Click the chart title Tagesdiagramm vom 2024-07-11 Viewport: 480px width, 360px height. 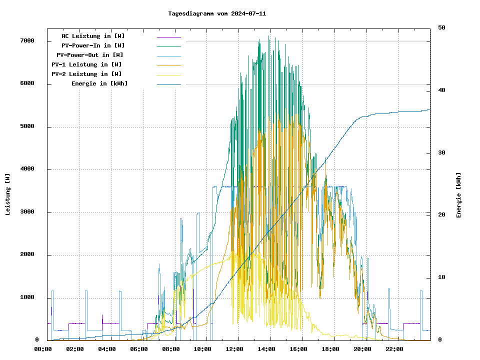pyautogui.click(x=217, y=13)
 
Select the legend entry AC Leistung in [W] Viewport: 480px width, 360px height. pyautogui.click(x=93, y=36)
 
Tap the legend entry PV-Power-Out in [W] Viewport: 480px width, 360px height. pyautogui.click(x=90, y=55)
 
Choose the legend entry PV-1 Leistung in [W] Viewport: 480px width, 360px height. pyautogui.click(x=86, y=64)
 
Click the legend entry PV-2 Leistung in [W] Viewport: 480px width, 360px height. pyautogui.click(x=86, y=74)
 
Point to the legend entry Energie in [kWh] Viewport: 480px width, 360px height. pyautogui.click(x=99, y=83)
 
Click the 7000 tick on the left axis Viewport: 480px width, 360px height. pyautogui.click(x=27, y=41)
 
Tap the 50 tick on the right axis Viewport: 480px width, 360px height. pyautogui.click(x=442, y=28)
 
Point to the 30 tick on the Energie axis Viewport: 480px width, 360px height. pyautogui.click(x=442, y=153)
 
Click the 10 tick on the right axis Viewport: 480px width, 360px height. pyautogui.click(x=442, y=277)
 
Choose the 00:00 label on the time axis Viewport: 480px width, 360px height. pyautogui.click(x=43, y=349)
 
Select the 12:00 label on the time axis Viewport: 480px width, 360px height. pyautogui.click(x=235, y=349)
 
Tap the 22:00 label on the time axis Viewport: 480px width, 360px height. pyautogui.click(x=394, y=349)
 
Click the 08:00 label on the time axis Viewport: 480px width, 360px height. pyautogui.click(x=171, y=349)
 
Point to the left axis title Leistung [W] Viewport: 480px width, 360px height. pyautogui.click(x=8, y=194)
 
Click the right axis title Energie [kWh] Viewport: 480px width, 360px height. pyautogui.click(x=459, y=195)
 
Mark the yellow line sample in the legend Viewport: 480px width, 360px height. pyautogui.click(x=168, y=74)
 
